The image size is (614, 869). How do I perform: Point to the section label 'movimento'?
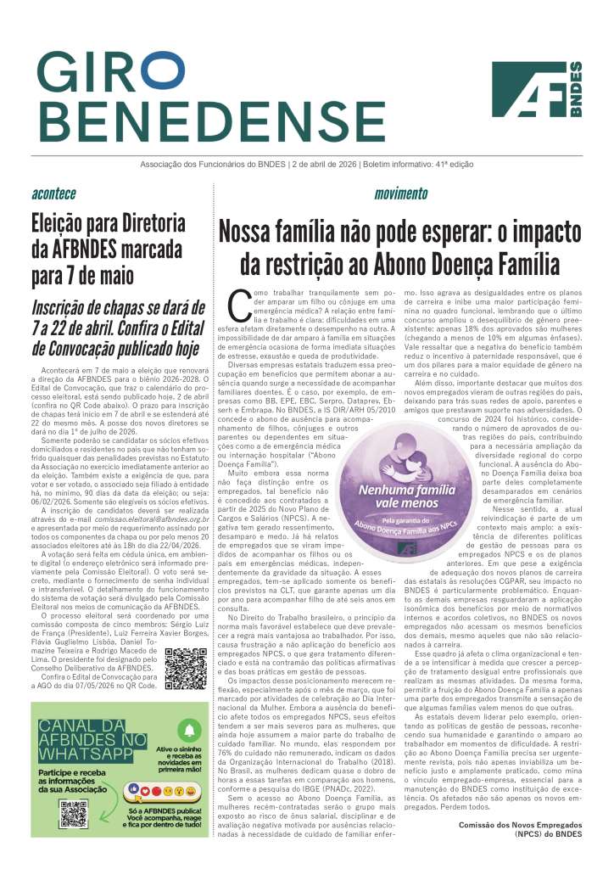[x=400, y=193]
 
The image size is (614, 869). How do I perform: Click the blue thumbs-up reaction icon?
[x=133, y=788]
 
